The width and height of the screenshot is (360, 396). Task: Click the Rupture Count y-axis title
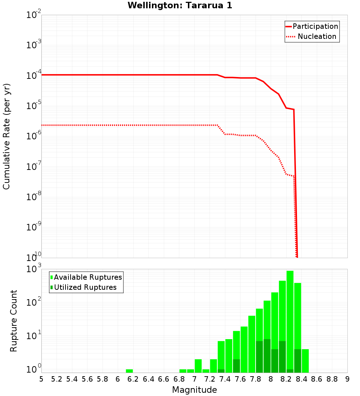coord(14,320)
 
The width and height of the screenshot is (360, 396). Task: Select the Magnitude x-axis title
coord(194,390)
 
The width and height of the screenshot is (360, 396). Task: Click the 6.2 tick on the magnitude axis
coord(133,379)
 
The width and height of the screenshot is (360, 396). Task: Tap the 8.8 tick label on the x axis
coord(332,379)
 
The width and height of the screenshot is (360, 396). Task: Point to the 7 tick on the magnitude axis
coord(194,379)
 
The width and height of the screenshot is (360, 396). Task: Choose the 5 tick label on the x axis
coord(41,379)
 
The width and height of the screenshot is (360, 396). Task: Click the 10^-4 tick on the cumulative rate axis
coord(33,76)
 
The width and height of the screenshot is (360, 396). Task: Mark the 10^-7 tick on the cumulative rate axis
coord(33,167)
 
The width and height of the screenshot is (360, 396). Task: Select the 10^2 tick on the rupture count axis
coord(33,302)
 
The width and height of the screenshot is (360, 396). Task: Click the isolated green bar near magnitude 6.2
coord(129,371)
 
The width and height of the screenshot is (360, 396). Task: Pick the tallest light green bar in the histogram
coord(290,320)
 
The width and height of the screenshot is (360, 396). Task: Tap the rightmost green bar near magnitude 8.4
coord(305,361)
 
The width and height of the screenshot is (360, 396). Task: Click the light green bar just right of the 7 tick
coord(198,366)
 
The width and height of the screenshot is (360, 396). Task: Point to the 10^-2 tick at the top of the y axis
coord(33,15)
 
